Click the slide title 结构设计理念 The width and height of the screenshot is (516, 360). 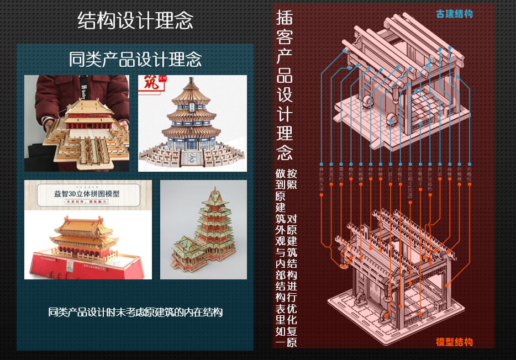[x=135, y=21]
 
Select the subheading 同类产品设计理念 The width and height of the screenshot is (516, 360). [x=135, y=59]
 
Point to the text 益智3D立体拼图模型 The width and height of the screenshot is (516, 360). [x=87, y=194]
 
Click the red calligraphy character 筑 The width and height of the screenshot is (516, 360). [x=150, y=83]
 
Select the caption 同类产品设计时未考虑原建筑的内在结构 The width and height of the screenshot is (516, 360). [x=135, y=313]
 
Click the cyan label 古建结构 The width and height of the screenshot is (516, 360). [x=454, y=14]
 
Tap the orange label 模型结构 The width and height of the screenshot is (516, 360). [x=454, y=342]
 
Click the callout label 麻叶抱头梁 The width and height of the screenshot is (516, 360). [x=321, y=179]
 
